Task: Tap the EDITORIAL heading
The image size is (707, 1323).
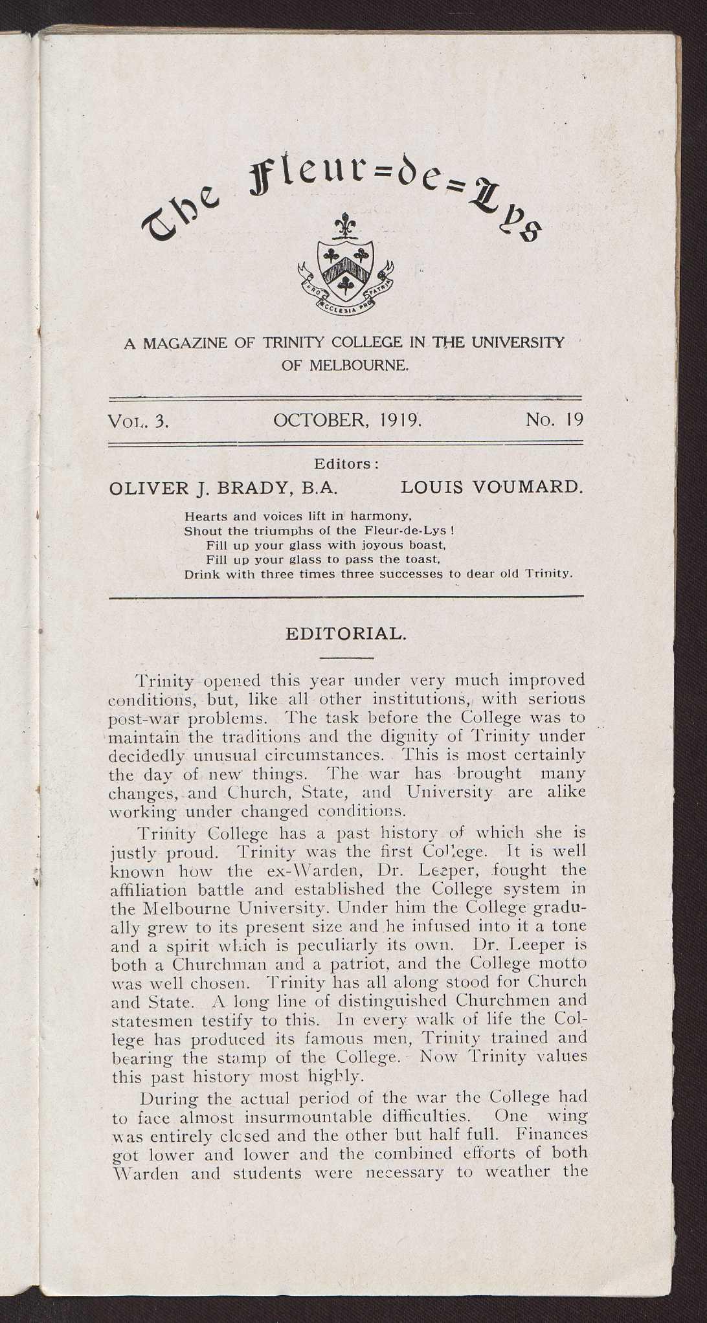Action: click(x=346, y=634)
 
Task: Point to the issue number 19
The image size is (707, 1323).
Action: click(x=574, y=420)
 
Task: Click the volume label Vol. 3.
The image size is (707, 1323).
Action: click(x=139, y=421)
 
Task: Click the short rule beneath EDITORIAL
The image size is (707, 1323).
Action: click(x=346, y=658)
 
